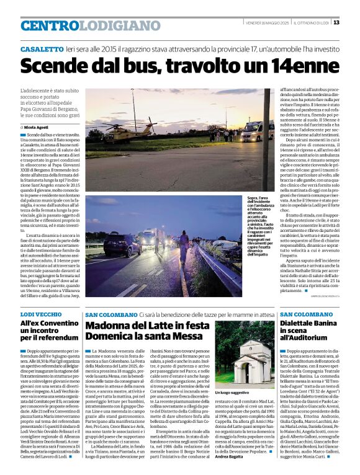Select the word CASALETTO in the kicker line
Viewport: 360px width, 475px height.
pyautogui.click(x=42, y=48)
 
